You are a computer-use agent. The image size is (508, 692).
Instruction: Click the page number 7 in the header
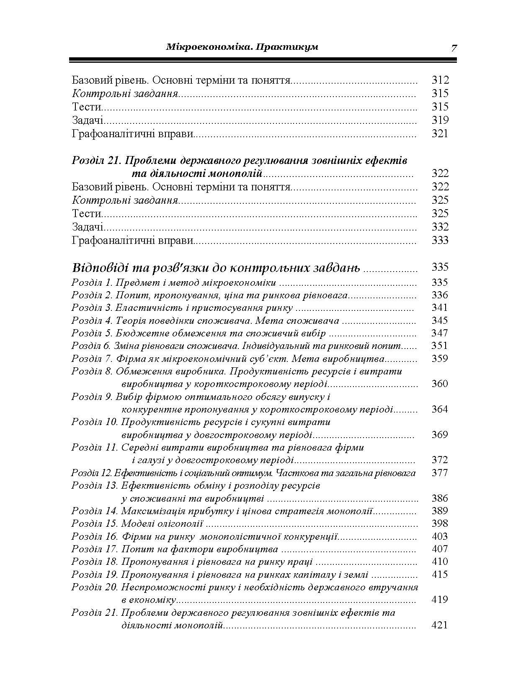pyautogui.click(x=454, y=48)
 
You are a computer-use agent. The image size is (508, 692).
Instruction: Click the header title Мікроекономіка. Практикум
pyautogui.click(x=242, y=47)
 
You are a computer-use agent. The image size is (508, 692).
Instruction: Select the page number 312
pyautogui.click(x=440, y=80)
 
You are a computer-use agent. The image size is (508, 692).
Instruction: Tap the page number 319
pyautogui.click(x=440, y=120)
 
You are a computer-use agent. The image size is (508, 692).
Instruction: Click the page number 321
pyautogui.click(x=440, y=134)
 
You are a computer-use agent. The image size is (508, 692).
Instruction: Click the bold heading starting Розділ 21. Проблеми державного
pyautogui.click(x=239, y=161)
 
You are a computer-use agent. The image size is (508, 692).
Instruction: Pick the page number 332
pyautogui.click(x=440, y=227)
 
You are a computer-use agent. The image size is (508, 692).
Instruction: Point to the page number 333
pyautogui.click(x=440, y=241)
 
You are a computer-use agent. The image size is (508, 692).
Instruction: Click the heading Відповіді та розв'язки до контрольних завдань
pyautogui.click(x=216, y=268)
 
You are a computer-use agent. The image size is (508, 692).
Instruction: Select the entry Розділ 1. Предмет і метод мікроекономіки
pyautogui.click(x=174, y=282)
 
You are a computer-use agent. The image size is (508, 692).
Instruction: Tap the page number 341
pyautogui.click(x=440, y=308)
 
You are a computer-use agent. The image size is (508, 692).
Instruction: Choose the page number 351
pyautogui.click(x=440, y=346)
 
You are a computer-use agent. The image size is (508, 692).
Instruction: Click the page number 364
pyautogui.click(x=440, y=410)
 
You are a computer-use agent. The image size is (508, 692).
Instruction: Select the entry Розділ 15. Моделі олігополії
pyautogui.click(x=137, y=524)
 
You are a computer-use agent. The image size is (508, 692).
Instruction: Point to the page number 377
pyautogui.click(x=440, y=473)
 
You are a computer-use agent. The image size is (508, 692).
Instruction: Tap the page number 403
pyautogui.click(x=440, y=537)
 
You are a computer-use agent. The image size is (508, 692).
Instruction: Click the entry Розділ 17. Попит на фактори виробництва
pyautogui.click(x=175, y=549)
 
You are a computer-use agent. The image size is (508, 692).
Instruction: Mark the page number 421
pyautogui.click(x=440, y=625)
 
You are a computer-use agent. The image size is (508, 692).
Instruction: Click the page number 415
pyautogui.click(x=440, y=574)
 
